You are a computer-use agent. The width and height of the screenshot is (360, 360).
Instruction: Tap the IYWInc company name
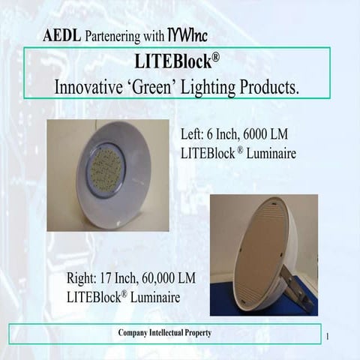[187, 34]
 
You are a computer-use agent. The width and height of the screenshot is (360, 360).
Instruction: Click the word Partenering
[113, 35]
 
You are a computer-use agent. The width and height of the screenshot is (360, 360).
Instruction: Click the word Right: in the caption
[82, 278]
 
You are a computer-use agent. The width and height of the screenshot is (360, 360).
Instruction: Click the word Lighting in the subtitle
[211, 86]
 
